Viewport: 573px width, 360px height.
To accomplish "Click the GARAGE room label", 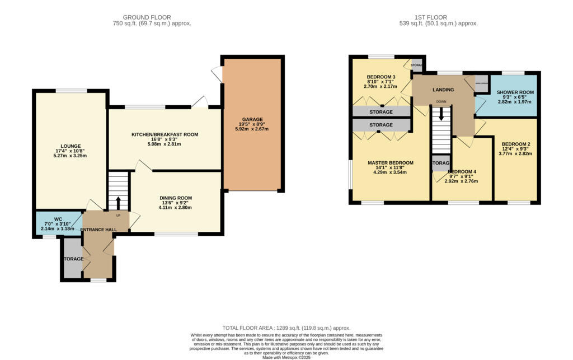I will point(252,119).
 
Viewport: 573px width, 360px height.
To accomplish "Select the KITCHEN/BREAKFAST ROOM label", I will point(165,134).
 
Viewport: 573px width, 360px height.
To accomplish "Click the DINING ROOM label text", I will point(176,198).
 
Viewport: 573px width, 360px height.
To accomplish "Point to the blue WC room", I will point(58,223).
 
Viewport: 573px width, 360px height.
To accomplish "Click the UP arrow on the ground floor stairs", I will point(118,203).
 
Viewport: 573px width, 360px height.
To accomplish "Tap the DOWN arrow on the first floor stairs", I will point(442,114).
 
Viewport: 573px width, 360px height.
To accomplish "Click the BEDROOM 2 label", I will point(515,144).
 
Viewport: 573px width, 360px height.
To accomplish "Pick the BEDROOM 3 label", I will point(381,77).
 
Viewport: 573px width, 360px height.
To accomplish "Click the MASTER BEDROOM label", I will point(390,163).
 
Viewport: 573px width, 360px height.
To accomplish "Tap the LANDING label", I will point(443,90).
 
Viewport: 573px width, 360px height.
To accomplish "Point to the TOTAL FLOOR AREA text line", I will point(286,328).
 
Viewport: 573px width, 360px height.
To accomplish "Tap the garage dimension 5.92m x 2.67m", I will point(252,129).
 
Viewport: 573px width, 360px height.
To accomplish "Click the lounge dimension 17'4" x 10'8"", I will point(71,151).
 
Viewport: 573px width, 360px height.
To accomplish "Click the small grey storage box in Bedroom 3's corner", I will point(417,65).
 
